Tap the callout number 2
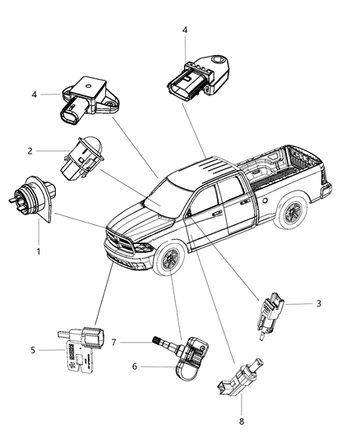pyautogui.click(x=53, y=151)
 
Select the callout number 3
pyautogui.click(x=318, y=303)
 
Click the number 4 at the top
pyautogui.click(x=185, y=30)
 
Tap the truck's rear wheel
pyautogui.click(x=290, y=214)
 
